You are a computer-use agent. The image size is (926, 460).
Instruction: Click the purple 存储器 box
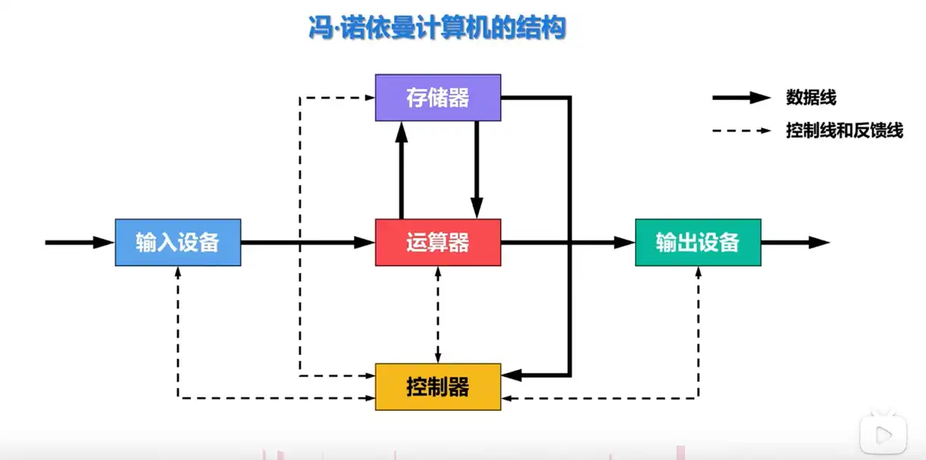(x=438, y=98)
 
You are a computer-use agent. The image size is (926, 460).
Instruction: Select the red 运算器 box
(x=438, y=243)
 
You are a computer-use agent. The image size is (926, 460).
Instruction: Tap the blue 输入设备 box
(x=178, y=243)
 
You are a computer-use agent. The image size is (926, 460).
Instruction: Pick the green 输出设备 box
(x=697, y=243)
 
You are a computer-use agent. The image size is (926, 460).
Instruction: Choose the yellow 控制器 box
(x=438, y=387)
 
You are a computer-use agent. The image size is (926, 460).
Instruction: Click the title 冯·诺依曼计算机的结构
(x=436, y=30)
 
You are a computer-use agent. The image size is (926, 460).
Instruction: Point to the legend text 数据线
(x=812, y=98)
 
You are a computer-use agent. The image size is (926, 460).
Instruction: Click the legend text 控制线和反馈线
(x=845, y=130)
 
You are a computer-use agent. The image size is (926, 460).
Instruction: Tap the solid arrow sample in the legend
(x=741, y=98)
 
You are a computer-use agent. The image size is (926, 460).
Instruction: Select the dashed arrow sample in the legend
(x=741, y=130)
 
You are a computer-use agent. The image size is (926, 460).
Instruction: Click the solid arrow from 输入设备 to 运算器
(x=308, y=243)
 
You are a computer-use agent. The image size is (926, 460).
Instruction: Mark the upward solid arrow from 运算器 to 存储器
(x=402, y=170)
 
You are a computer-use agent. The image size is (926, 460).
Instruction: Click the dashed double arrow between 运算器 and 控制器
(x=438, y=314)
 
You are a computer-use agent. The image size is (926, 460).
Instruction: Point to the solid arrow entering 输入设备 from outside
(x=80, y=243)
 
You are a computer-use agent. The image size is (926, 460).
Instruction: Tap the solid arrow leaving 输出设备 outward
(x=795, y=243)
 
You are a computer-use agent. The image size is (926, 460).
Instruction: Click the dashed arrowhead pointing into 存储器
(x=369, y=98)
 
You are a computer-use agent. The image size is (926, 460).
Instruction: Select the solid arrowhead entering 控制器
(x=511, y=374)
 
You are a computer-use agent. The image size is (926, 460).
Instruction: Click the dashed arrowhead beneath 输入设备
(x=178, y=272)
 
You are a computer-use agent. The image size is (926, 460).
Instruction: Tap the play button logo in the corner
(x=883, y=434)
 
